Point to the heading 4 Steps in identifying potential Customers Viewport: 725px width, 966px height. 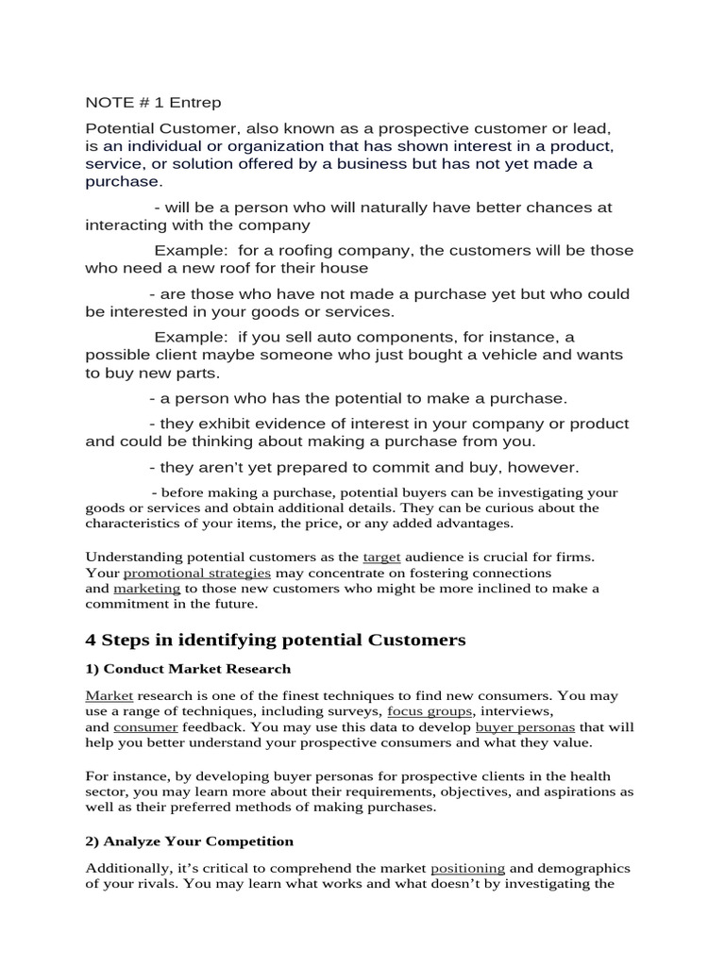click(x=276, y=641)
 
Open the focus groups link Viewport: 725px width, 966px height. click(x=428, y=711)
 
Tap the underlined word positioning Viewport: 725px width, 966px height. click(x=467, y=868)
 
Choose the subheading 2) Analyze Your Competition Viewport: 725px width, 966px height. click(x=189, y=841)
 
